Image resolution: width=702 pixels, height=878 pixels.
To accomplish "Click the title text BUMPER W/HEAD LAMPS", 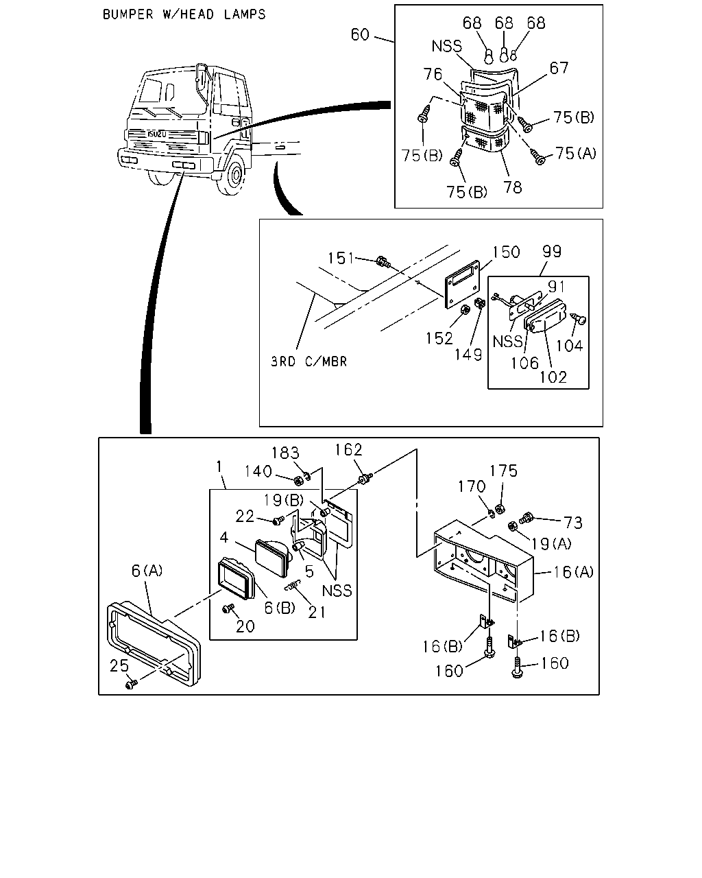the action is coord(184,14).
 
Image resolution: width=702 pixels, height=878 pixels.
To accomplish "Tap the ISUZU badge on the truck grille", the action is coord(156,134).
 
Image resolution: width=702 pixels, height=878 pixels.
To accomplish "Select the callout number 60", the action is coord(360,35).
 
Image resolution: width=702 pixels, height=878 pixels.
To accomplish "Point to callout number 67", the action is coord(559,68).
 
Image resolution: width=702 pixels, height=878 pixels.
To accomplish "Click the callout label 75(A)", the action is coord(576,154).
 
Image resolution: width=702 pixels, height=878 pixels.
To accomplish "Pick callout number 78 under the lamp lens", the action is coord(512,187).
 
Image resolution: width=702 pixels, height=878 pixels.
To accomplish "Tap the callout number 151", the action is coord(341,259).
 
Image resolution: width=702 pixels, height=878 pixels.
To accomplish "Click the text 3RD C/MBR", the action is coord(308,361).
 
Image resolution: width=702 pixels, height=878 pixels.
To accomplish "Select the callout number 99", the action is coord(551,251).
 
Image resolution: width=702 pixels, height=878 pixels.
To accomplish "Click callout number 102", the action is coord(553,377).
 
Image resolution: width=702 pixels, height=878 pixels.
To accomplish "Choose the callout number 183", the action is coord(286,453).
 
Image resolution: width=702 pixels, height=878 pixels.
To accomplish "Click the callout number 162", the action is coord(348,450).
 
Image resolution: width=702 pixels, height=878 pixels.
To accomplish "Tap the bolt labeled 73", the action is coord(526,518).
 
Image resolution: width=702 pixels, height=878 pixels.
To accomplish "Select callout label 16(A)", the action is coord(573,572).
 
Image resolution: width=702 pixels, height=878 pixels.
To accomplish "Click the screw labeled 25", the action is coord(132,684).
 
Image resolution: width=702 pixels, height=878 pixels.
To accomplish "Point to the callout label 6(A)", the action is coord(147,571).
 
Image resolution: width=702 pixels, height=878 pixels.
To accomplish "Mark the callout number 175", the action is coord(504,471).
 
